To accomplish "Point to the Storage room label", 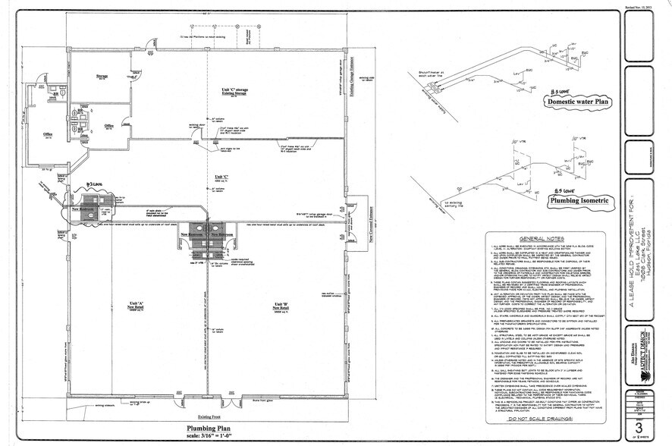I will [102, 77].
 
